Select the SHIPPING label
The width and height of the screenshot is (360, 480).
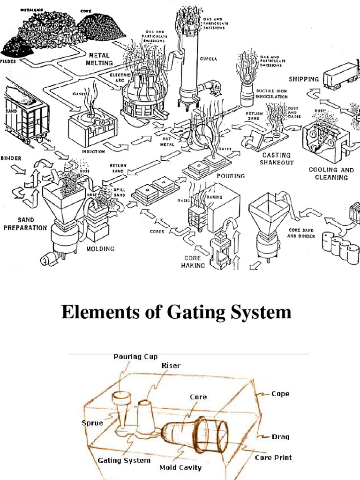304,79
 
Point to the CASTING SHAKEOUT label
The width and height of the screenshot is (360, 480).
277,158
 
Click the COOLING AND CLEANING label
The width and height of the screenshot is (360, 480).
331,173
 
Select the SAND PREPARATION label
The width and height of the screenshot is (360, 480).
26,224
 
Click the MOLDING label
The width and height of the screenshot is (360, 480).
101,248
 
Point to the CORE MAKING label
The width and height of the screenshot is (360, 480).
192,262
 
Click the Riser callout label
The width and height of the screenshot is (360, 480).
171,366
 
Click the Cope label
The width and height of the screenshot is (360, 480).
280,394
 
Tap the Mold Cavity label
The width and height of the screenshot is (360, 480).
180,467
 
